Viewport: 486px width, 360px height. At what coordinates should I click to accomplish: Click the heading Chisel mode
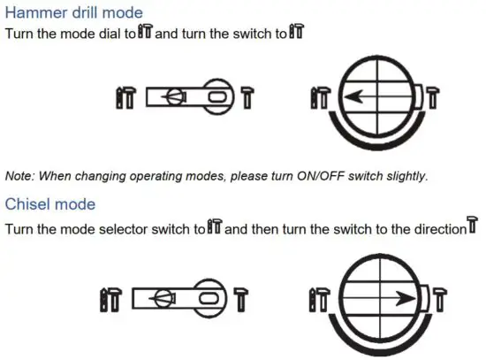(49, 204)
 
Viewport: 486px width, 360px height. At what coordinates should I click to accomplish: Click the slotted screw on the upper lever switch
(176, 96)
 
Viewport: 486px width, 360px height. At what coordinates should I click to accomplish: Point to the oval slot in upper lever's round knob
(216, 95)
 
